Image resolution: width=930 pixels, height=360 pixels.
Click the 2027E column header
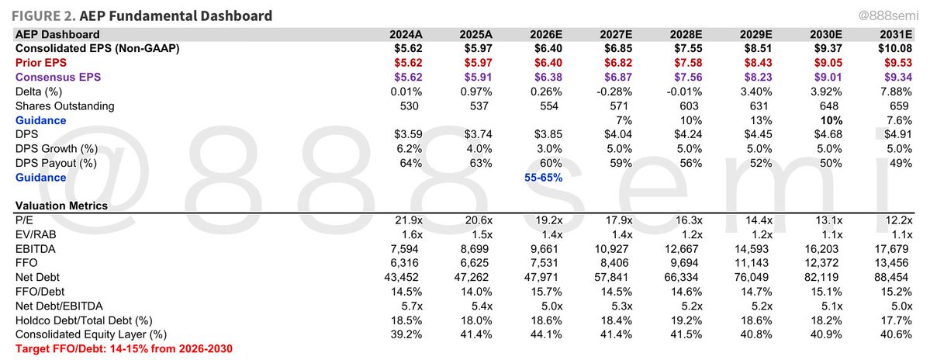(616, 34)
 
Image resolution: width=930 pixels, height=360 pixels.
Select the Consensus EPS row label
(58, 77)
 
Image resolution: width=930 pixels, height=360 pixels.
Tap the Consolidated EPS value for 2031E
(894, 49)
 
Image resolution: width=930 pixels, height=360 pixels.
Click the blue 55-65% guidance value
(543, 178)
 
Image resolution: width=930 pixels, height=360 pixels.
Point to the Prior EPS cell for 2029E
(761, 63)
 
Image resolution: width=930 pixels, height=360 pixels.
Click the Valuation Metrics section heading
(62, 206)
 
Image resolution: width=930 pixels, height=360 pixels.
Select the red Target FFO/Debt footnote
(124, 348)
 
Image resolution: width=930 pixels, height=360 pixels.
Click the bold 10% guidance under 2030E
(842, 120)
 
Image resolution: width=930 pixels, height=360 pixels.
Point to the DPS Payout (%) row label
(57, 163)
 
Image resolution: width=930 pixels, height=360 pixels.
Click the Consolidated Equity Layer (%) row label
(92, 334)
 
